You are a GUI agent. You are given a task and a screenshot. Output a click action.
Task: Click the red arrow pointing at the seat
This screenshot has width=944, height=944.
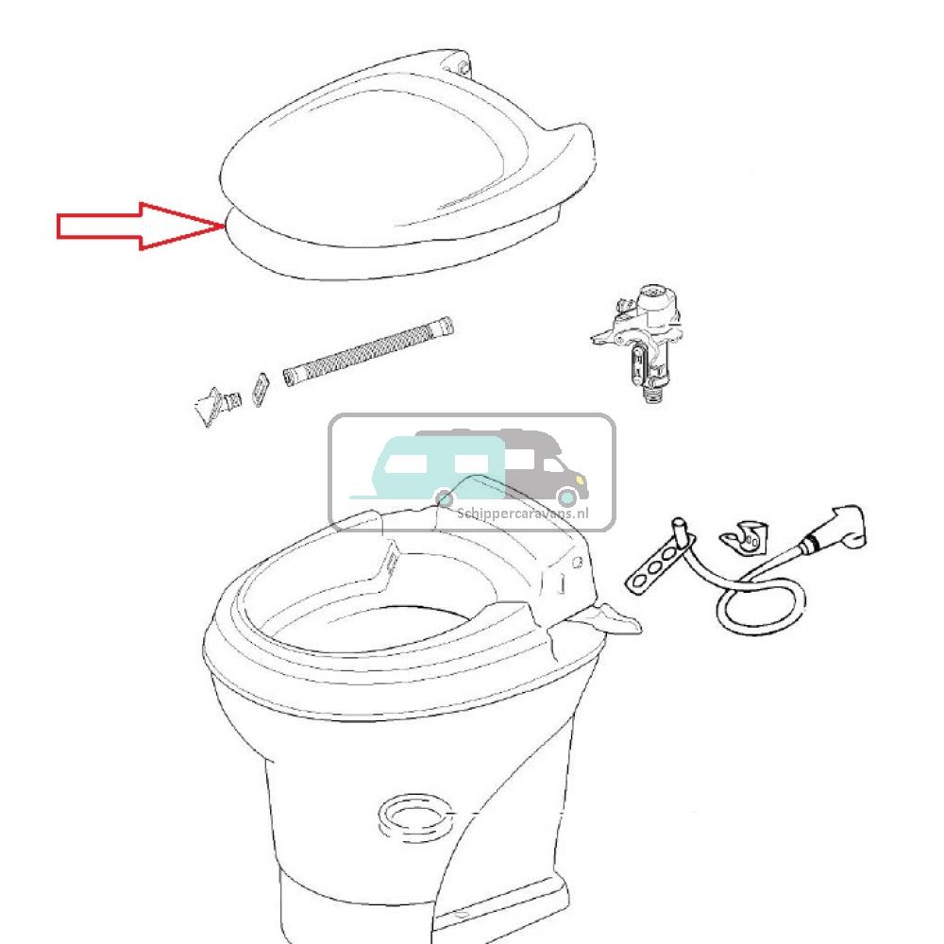(x=140, y=227)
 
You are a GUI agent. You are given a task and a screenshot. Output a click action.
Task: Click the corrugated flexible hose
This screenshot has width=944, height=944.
(x=368, y=350)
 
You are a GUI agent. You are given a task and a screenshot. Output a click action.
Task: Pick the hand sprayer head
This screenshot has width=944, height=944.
(x=836, y=528)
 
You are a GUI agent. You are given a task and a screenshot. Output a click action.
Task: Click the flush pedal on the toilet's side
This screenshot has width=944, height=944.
(x=607, y=620)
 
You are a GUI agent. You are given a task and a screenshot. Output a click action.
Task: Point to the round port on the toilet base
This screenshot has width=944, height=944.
(x=413, y=818)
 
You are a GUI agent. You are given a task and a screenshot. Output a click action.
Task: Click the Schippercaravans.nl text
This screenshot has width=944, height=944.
(x=523, y=514)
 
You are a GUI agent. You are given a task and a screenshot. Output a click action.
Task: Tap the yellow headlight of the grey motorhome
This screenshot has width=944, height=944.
(x=580, y=480)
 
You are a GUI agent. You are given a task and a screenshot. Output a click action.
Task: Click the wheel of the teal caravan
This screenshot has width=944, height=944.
(x=444, y=498)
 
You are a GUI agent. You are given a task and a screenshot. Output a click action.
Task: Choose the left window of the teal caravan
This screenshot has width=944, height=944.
(x=405, y=463)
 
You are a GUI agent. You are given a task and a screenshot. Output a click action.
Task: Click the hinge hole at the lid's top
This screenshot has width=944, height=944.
(x=464, y=67)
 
